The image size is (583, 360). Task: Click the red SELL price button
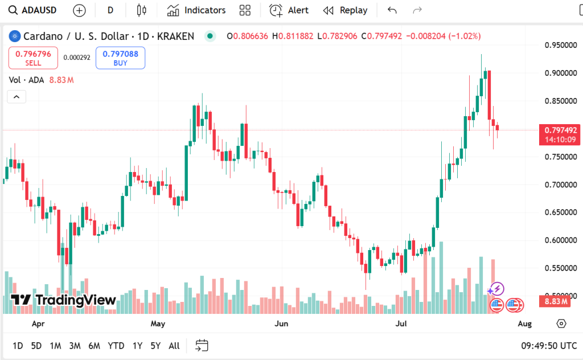tap(33, 58)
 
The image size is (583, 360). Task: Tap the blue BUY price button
tap(120, 58)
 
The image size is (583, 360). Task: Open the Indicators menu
tap(196, 10)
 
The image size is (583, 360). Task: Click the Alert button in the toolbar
tap(289, 10)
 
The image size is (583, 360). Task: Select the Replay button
tap(345, 10)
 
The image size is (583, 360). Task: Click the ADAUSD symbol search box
tap(34, 10)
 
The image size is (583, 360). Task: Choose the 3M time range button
tap(75, 346)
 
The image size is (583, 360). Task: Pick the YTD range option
tap(116, 346)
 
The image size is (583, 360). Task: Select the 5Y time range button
tap(155, 346)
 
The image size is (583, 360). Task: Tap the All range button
tap(174, 346)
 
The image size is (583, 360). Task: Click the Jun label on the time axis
tap(281, 324)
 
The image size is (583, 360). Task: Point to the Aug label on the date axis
tap(524, 324)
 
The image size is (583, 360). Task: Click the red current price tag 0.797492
tap(560, 134)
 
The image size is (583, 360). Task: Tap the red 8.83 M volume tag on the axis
tap(556, 301)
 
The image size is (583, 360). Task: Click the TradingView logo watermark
tap(63, 300)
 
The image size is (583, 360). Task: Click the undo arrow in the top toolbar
tap(392, 10)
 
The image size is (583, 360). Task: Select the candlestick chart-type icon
tap(142, 10)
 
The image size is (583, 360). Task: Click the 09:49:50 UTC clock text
tap(548, 346)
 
